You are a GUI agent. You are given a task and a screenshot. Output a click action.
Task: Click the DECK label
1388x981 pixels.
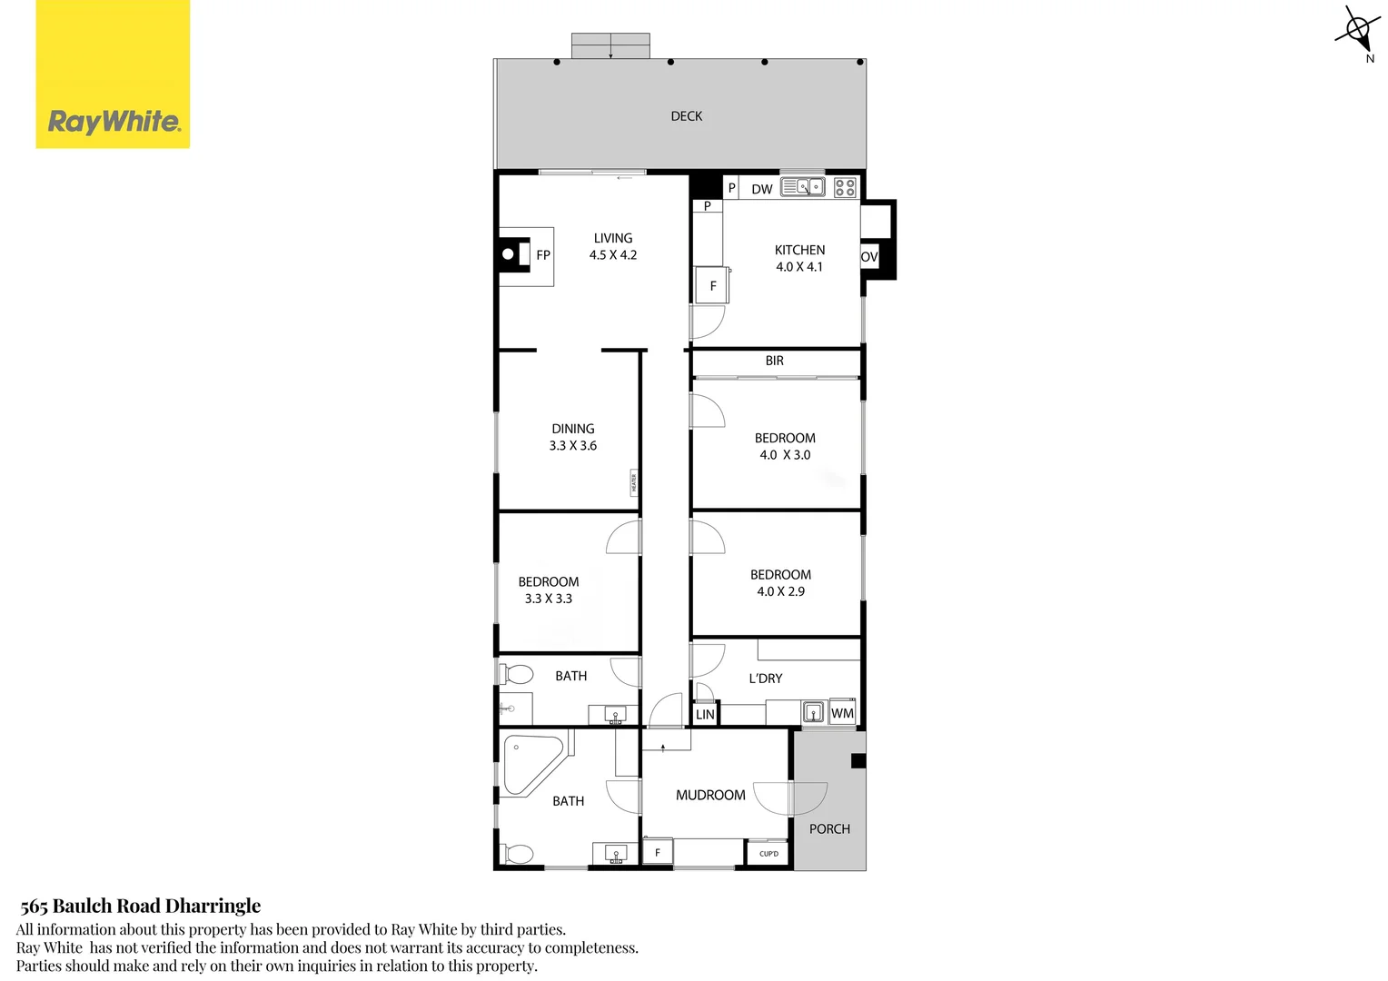686,116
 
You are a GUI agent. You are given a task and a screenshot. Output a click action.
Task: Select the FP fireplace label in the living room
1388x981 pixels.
543,255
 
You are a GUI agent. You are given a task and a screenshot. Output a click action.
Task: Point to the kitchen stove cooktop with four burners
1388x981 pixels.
845,188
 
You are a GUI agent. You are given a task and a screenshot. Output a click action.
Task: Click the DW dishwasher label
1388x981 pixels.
761,189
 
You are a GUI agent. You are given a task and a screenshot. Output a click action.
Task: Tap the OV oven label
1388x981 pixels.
869,257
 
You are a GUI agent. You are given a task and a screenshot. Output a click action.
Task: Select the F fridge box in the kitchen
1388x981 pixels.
712,285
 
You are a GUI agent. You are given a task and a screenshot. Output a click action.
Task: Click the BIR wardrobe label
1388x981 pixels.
774,361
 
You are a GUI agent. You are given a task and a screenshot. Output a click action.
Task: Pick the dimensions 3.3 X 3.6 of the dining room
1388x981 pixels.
572,446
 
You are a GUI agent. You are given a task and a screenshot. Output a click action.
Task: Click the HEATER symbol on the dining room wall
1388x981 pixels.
634,482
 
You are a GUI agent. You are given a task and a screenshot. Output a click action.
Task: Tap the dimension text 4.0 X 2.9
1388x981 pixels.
780,591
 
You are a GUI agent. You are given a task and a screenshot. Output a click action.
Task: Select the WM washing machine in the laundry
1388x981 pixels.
842,713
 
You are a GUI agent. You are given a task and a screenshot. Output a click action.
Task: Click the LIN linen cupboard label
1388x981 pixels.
705,715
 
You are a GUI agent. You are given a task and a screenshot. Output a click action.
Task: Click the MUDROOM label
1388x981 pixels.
710,795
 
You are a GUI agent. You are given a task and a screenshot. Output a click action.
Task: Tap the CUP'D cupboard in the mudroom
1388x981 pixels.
768,854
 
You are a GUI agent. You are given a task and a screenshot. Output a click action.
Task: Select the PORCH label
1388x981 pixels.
829,828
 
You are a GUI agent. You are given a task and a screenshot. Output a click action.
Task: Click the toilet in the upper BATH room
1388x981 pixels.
517,675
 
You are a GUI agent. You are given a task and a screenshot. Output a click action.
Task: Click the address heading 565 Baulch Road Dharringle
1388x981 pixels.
140,906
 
